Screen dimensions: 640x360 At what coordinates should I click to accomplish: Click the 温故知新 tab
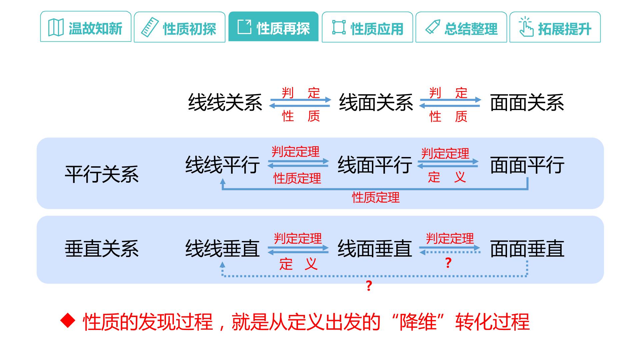click(x=86, y=27)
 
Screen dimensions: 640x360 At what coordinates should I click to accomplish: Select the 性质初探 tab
click(x=180, y=27)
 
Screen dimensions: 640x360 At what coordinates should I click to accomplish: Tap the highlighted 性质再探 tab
click(x=273, y=27)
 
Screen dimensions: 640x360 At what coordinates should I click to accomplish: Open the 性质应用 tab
click(x=367, y=27)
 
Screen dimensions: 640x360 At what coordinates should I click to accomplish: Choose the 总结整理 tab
click(x=461, y=27)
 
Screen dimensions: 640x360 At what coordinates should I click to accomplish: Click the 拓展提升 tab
click(x=555, y=27)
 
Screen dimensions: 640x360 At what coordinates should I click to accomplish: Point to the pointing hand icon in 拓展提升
click(x=526, y=27)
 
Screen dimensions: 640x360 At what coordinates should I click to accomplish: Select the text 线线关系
click(x=225, y=102)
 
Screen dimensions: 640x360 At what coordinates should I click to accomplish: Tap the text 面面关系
click(x=527, y=102)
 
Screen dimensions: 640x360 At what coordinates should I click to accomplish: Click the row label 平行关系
click(x=102, y=174)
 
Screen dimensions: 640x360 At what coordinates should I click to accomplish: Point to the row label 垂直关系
click(x=102, y=249)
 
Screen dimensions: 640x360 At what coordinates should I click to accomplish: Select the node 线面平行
click(x=375, y=165)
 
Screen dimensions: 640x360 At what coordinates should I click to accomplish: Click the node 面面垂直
click(x=527, y=249)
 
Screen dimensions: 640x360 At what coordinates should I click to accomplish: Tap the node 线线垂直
click(x=223, y=249)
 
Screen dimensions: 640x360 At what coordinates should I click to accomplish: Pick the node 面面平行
click(x=527, y=165)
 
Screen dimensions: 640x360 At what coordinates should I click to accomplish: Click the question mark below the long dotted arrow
click(x=369, y=286)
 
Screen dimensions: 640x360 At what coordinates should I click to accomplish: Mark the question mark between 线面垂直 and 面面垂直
click(x=448, y=263)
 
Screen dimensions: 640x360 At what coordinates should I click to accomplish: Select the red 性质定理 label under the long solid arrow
click(x=376, y=198)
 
